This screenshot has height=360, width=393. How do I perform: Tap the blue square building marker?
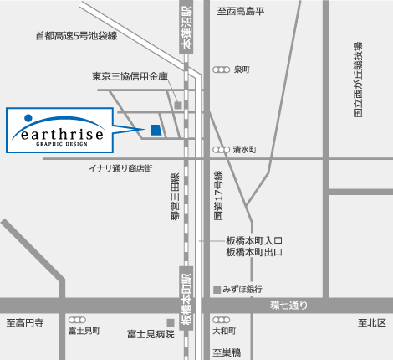(155, 129)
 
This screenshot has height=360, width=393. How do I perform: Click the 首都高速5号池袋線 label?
(76, 36)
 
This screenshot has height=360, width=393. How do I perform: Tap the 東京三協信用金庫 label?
(130, 76)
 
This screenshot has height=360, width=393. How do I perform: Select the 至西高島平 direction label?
(241, 11)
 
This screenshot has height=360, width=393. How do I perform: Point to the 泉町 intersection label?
(243, 69)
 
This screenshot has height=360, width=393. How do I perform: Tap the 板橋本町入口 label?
(254, 239)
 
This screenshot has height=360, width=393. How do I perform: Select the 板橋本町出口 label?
(254, 251)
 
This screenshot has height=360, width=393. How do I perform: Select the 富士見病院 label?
(151, 333)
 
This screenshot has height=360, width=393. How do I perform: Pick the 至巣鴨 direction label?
(226, 352)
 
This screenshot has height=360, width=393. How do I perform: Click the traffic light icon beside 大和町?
(221, 320)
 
